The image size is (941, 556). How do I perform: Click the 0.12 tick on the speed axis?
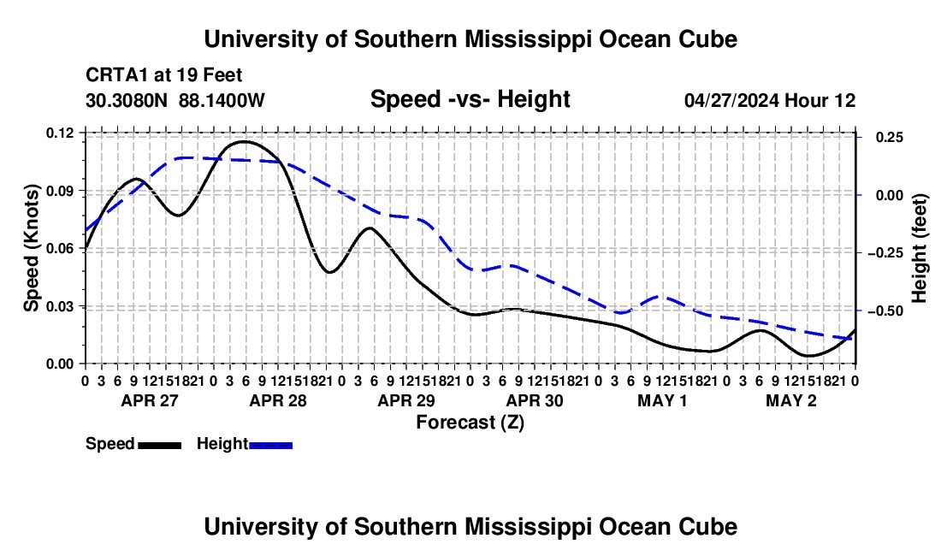point(60,133)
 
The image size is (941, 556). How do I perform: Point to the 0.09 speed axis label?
point(60,192)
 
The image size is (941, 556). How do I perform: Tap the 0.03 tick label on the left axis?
point(60,306)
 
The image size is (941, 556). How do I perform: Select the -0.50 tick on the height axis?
point(885,311)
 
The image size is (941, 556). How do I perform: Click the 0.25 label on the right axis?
point(890,138)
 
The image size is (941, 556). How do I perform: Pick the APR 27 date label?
point(150,400)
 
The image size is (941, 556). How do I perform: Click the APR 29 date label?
point(406,400)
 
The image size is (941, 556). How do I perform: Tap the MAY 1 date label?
point(662,400)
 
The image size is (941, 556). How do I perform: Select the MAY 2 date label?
point(791,400)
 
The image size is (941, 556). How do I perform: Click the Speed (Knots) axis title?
point(31,248)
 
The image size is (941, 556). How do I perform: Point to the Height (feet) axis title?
point(920,248)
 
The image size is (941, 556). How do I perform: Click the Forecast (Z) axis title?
point(470,423)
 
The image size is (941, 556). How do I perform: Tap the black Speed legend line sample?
point(160,445)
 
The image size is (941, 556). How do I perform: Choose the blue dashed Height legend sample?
point(270,445)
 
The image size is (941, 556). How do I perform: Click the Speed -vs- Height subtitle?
point(470,99)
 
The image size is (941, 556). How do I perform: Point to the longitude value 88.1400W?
point(222,101)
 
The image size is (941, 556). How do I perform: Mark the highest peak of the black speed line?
point(245,141)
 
